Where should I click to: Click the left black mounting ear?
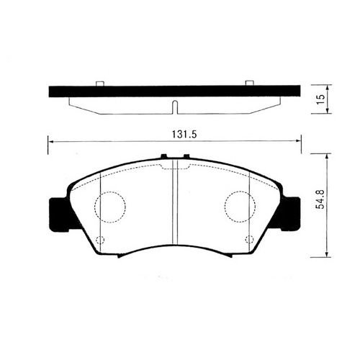tap(58, 213)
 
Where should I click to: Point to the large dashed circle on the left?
tap(111, 207)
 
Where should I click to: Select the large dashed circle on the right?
tap(238, 207)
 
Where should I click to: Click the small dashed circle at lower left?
tap(100, 240)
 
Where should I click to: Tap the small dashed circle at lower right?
tap(249, 240)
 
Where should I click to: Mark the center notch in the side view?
tap(174, 108)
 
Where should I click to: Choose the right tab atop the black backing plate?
tap(250, 83)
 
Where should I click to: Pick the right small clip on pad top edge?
tap(186, 156)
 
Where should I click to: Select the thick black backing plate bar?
tap(174, 91)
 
